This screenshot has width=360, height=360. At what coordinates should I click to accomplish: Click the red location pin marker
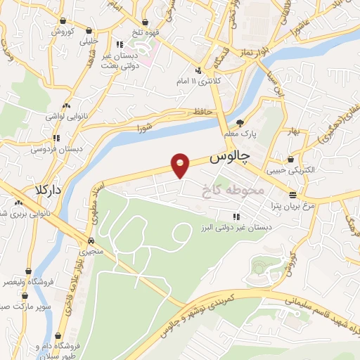(181, 165)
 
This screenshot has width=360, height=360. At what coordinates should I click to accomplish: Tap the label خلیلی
(89, 41)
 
